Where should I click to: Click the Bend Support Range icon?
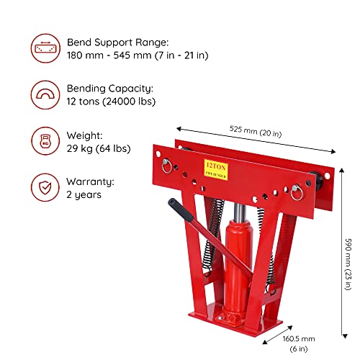coord(45,48)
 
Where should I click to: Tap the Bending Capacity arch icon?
coord(45,95)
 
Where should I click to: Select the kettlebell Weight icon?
coord(45,141)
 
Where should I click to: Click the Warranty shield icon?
coord(45,187)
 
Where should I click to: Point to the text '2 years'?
coord(84,194)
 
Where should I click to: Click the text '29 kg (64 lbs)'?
coord(99,148)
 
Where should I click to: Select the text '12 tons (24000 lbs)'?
coord(111,102)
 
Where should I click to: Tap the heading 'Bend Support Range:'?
coord(118,42)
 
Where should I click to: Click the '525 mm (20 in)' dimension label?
coord(256,131)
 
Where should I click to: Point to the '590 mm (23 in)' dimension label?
coord(348,264)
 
